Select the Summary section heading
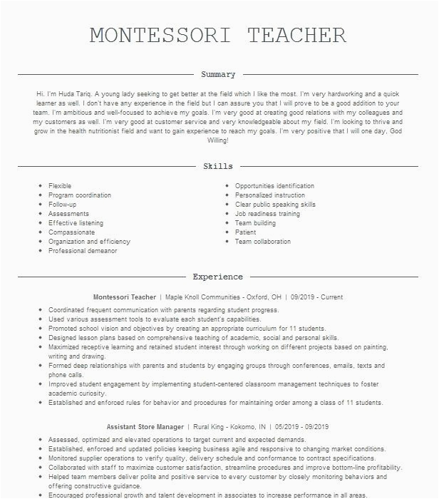(218, 75)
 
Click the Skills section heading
(218, 167)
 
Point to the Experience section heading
(218, 277)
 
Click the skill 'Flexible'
(60, 186)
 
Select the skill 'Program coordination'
(80, 195)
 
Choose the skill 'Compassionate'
(71, 232)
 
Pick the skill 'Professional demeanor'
(83, 251)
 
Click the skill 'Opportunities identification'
(274, 186)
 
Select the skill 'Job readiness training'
(267, 214)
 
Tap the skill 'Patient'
(245, 232)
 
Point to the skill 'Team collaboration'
(263, 242)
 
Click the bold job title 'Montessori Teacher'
(125, 297)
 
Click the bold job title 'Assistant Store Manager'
(145, 426)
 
